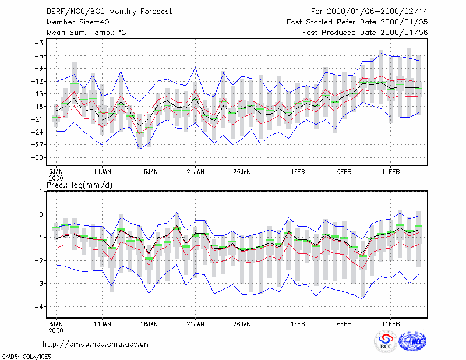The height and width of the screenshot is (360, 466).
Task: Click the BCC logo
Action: coord(386,341)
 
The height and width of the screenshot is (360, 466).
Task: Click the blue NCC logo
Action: coord(412,341)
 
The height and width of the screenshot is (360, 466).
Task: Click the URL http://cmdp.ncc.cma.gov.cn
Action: coord(96,344)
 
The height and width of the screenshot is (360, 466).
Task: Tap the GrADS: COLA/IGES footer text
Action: coord(26,357)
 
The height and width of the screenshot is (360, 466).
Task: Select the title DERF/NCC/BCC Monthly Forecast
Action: coord(109,12)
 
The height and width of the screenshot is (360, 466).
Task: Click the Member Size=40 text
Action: coord(78,22)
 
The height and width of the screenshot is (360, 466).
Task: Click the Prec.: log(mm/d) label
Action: coord(79,185)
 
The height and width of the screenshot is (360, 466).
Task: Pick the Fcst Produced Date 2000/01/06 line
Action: coord(365,33)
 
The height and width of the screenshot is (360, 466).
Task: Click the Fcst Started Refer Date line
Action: coord(357,22)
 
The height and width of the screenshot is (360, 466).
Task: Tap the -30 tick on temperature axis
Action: coord(37,157)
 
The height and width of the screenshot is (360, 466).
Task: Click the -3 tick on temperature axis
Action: coord(39,43)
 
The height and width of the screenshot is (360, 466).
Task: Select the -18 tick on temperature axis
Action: coord(37,107)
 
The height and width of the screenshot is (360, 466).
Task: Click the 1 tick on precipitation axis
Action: coord(41,192)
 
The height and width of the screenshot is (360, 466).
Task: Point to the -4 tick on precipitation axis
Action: coord(39,307)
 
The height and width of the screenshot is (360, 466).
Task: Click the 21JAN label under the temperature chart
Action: coord(195,172)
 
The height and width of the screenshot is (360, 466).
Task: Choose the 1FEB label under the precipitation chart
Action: coord(298,324)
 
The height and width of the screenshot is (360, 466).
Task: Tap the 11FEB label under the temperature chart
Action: coord(390,172)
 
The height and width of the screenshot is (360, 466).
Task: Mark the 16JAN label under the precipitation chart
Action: coord(149,324)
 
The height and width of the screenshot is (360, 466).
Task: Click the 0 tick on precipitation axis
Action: coord(41,214)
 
